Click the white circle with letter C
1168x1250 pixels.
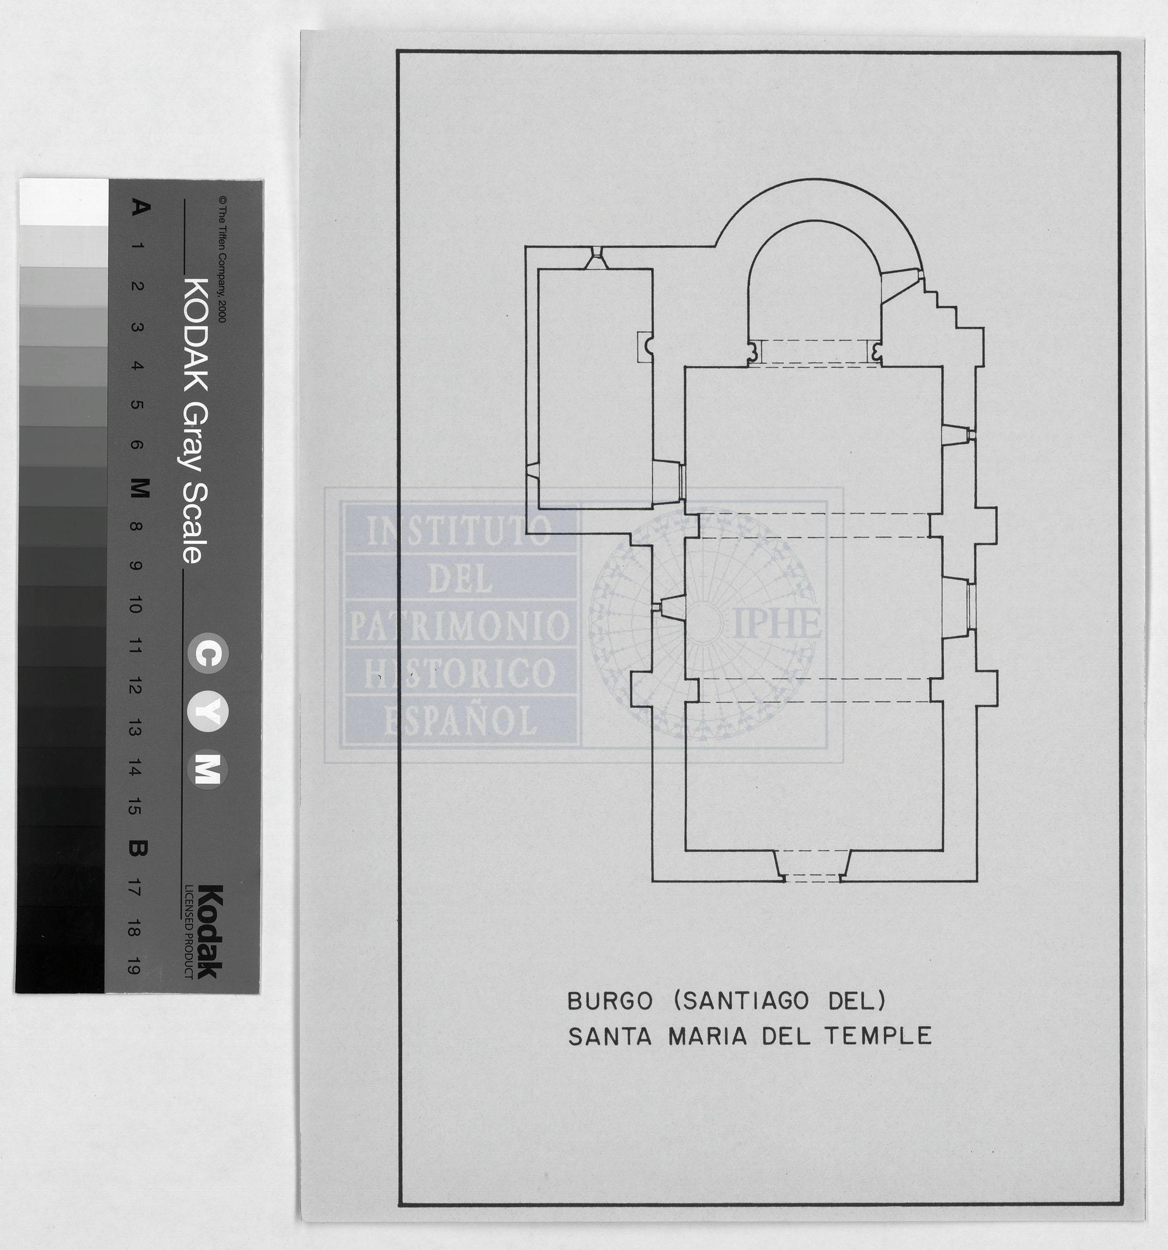pyautogui.click(x=208, y=654)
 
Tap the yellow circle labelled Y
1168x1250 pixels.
pyautogui.click(x=208, y=712)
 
